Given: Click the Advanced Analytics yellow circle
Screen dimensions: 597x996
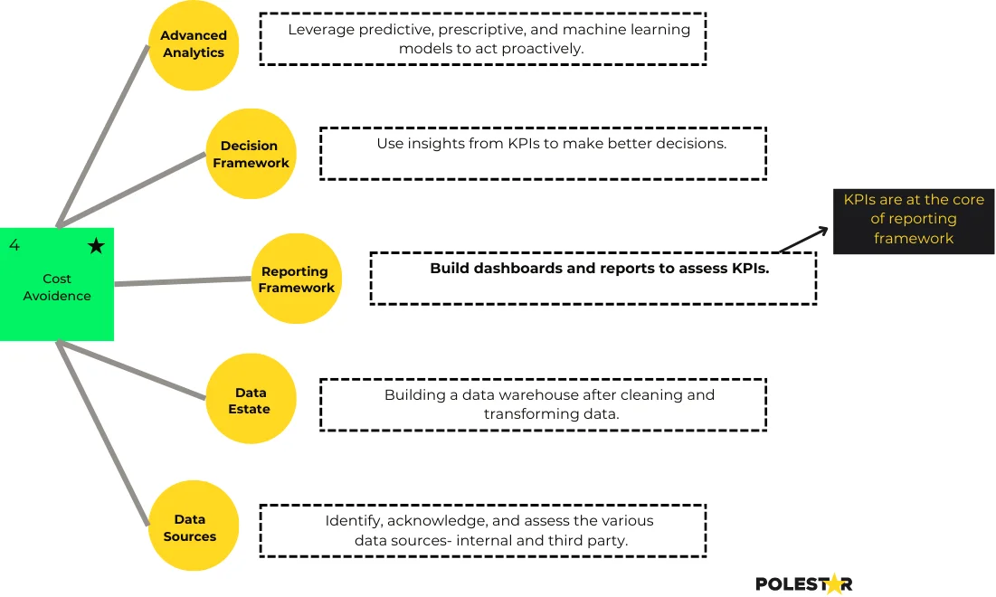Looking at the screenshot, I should coord(193,44).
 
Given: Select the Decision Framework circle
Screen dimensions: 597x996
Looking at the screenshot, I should coord(251,154).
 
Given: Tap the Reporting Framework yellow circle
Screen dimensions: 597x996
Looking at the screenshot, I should coord(296,279).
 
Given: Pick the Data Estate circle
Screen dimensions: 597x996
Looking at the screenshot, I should coord(251,399).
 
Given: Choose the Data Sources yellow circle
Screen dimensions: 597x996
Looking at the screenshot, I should coord(193,526).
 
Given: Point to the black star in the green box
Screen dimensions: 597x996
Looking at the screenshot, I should coord(96,246).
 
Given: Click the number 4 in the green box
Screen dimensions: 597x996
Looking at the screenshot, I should coord(14,246).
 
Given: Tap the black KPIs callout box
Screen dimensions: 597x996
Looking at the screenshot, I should coord(913,220).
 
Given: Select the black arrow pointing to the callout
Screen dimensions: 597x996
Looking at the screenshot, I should coord(802,240).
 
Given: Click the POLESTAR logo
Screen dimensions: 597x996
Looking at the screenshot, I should coord(803,584).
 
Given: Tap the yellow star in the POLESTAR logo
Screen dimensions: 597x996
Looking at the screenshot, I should coord(833,584).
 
